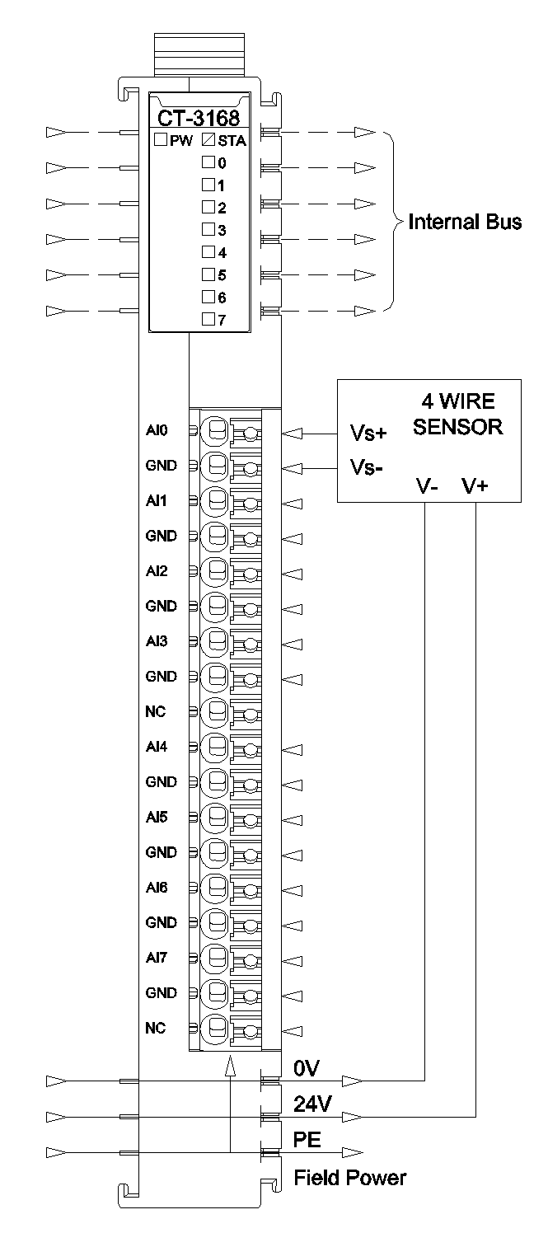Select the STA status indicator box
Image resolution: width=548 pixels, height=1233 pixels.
point(208,140)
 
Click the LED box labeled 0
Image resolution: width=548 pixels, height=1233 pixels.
point(208,162)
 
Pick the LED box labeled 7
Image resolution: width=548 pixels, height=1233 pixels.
point(208,318)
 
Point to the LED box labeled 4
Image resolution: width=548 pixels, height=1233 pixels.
point(208,251)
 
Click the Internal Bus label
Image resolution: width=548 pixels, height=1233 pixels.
point(465,223)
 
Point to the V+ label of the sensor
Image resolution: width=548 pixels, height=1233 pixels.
point(475,485)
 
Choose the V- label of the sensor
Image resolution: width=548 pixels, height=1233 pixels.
point(426,485)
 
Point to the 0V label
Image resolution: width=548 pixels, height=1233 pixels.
point(306,1068)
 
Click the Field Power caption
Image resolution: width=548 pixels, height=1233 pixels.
point(349,1178)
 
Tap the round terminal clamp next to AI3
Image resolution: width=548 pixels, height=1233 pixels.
point(216,641)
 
